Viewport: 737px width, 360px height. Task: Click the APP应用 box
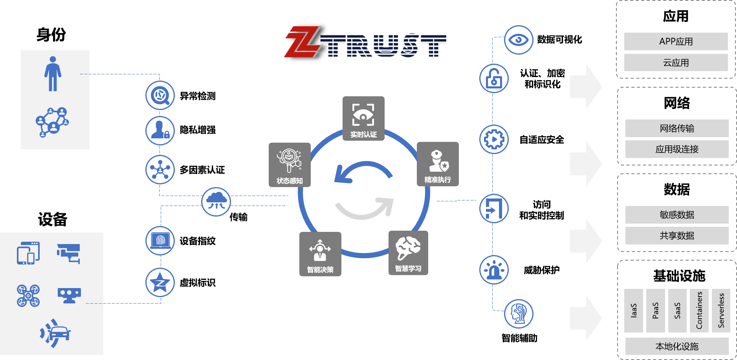point(676,41)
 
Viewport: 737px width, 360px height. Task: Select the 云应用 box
point(676,62)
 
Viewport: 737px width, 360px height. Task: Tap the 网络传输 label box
point(676,128)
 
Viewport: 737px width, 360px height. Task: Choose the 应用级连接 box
point(676,149)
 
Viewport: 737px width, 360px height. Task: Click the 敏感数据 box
point(676,215)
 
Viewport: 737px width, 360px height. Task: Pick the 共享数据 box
point(676,235)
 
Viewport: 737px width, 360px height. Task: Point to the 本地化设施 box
point(676,346)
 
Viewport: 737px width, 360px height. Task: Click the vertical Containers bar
point(699,310)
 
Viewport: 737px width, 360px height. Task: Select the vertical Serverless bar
point(721,310)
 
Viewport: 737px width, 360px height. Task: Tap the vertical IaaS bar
point(633,310)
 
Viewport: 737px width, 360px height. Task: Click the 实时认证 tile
point(363,118)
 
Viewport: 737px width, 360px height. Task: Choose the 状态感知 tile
point(290,165)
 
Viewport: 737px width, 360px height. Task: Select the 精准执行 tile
point(438,164)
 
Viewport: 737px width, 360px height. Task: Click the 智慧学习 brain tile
point(408,253)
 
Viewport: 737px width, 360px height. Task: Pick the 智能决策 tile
point(320,254)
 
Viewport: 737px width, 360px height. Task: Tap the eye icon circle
point(519,40)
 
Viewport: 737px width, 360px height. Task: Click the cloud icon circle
point(216,202)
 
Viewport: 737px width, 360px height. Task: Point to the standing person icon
point(53,74)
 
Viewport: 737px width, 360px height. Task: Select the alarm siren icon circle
point(494,270)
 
